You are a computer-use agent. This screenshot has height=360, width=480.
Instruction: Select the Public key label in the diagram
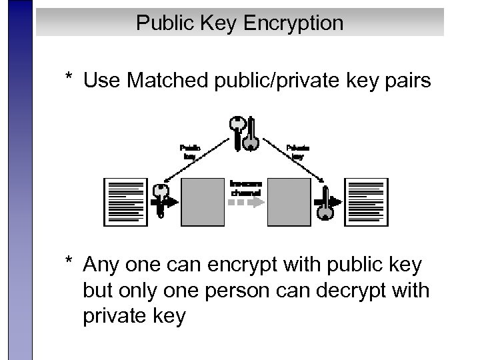point(190,151)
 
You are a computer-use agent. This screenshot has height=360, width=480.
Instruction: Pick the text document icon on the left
point(125,202)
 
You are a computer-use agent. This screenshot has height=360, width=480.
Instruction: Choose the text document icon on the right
point(367,202)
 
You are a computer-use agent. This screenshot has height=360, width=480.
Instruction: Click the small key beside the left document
point(160,200)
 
